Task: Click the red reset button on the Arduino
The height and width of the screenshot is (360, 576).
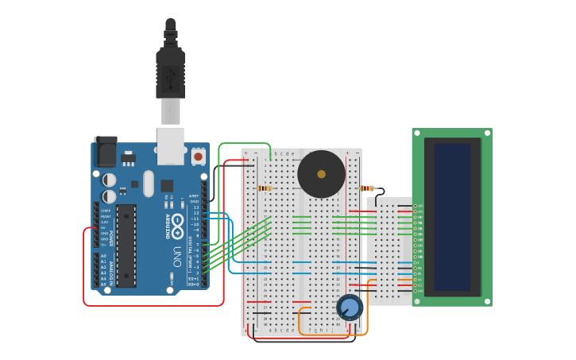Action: [x=198, y=156]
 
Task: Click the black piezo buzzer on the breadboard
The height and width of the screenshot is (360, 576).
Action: [x=321, y=174]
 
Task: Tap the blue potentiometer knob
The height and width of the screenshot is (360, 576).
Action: [x=350, y=307]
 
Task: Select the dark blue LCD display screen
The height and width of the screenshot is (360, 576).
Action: [x=452, y=216]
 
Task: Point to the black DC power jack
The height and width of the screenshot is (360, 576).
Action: [x=105, y=151]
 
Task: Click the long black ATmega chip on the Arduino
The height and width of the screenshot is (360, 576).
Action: [x=126, y=246]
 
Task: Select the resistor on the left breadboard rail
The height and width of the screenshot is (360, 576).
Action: [x=265, y=188]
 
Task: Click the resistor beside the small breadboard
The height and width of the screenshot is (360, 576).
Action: [x=366, y=188]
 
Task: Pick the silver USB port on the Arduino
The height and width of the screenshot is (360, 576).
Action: [x=170, y=145]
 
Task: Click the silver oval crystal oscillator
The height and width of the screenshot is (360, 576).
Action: [x=149, y=184]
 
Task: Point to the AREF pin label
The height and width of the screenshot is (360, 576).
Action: [x=194, y=195]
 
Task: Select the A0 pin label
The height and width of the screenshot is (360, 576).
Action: [x=103, y=256]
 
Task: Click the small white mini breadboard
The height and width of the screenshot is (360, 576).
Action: [x=392, y=250]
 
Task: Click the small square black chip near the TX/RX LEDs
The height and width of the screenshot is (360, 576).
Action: [x=167, y=186]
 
